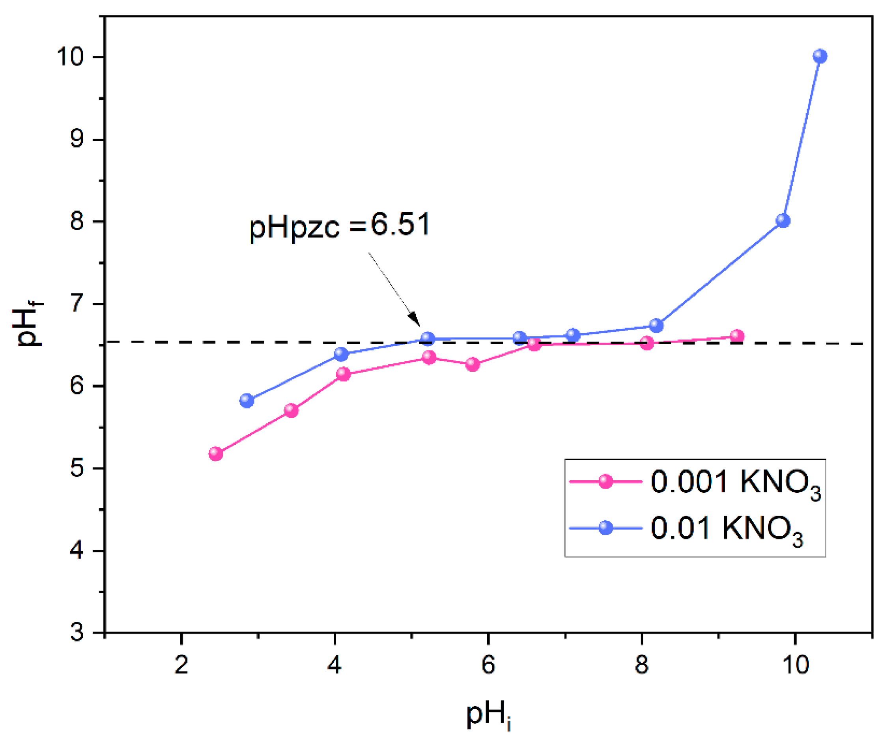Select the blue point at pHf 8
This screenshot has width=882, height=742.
click(x=783, y=220)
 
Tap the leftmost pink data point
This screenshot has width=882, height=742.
click(x=215, y=454)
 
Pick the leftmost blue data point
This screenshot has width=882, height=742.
click(x=247, y=401)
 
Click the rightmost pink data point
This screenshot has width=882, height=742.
click(x=737, y=336)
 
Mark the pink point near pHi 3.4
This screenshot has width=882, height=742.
click(x=291, y=410)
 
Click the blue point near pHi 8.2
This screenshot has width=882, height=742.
click(x=656, y=325)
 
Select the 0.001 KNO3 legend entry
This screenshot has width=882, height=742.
click(x=694, y=482)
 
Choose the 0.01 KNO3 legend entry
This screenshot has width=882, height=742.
click(x=686, y=528)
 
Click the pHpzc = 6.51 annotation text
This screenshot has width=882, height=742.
click(x=340, y=226)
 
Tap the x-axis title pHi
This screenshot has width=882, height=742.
click(x=488, y=715)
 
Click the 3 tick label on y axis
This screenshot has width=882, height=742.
click(x=77, y=633)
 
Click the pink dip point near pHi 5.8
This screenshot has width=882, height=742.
click(x=473, y=364)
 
